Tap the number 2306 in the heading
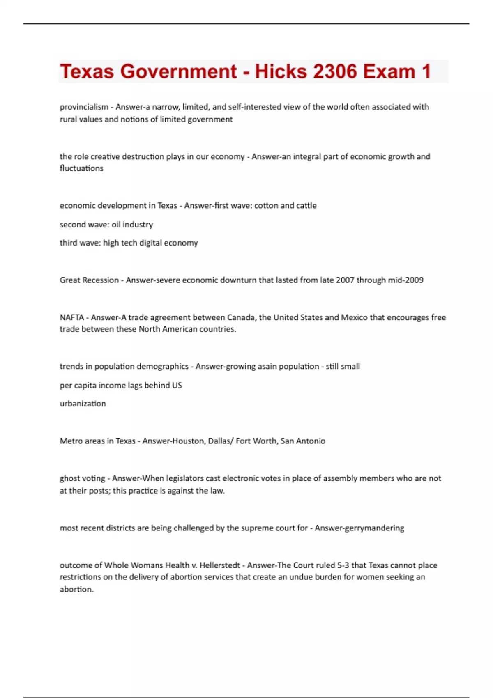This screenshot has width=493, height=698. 335,71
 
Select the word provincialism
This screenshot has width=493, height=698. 84,107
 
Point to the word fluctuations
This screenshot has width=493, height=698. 81,168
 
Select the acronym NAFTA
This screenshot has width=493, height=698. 72,317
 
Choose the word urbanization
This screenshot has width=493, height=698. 83,404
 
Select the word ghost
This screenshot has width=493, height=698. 70,478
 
